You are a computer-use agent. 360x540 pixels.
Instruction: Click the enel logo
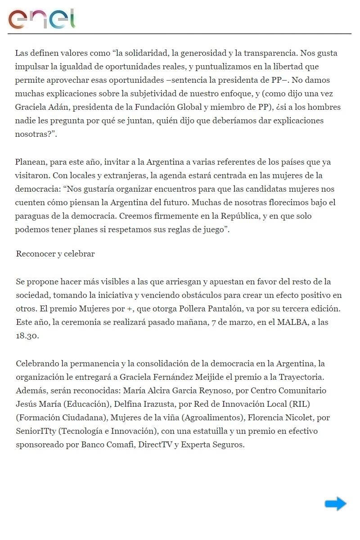click(41, 19)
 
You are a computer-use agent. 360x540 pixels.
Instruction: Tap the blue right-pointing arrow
click(336, 504)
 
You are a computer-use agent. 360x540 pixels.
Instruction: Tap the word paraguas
click(31, 216)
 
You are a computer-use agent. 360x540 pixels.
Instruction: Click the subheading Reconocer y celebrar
click(55, 254)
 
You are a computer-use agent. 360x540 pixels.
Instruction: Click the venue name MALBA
click(292, 322)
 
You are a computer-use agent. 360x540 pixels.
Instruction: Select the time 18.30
click(27, 336)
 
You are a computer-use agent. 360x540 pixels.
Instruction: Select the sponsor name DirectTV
click(156, 444)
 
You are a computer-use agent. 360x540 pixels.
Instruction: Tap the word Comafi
click(118, 444)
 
